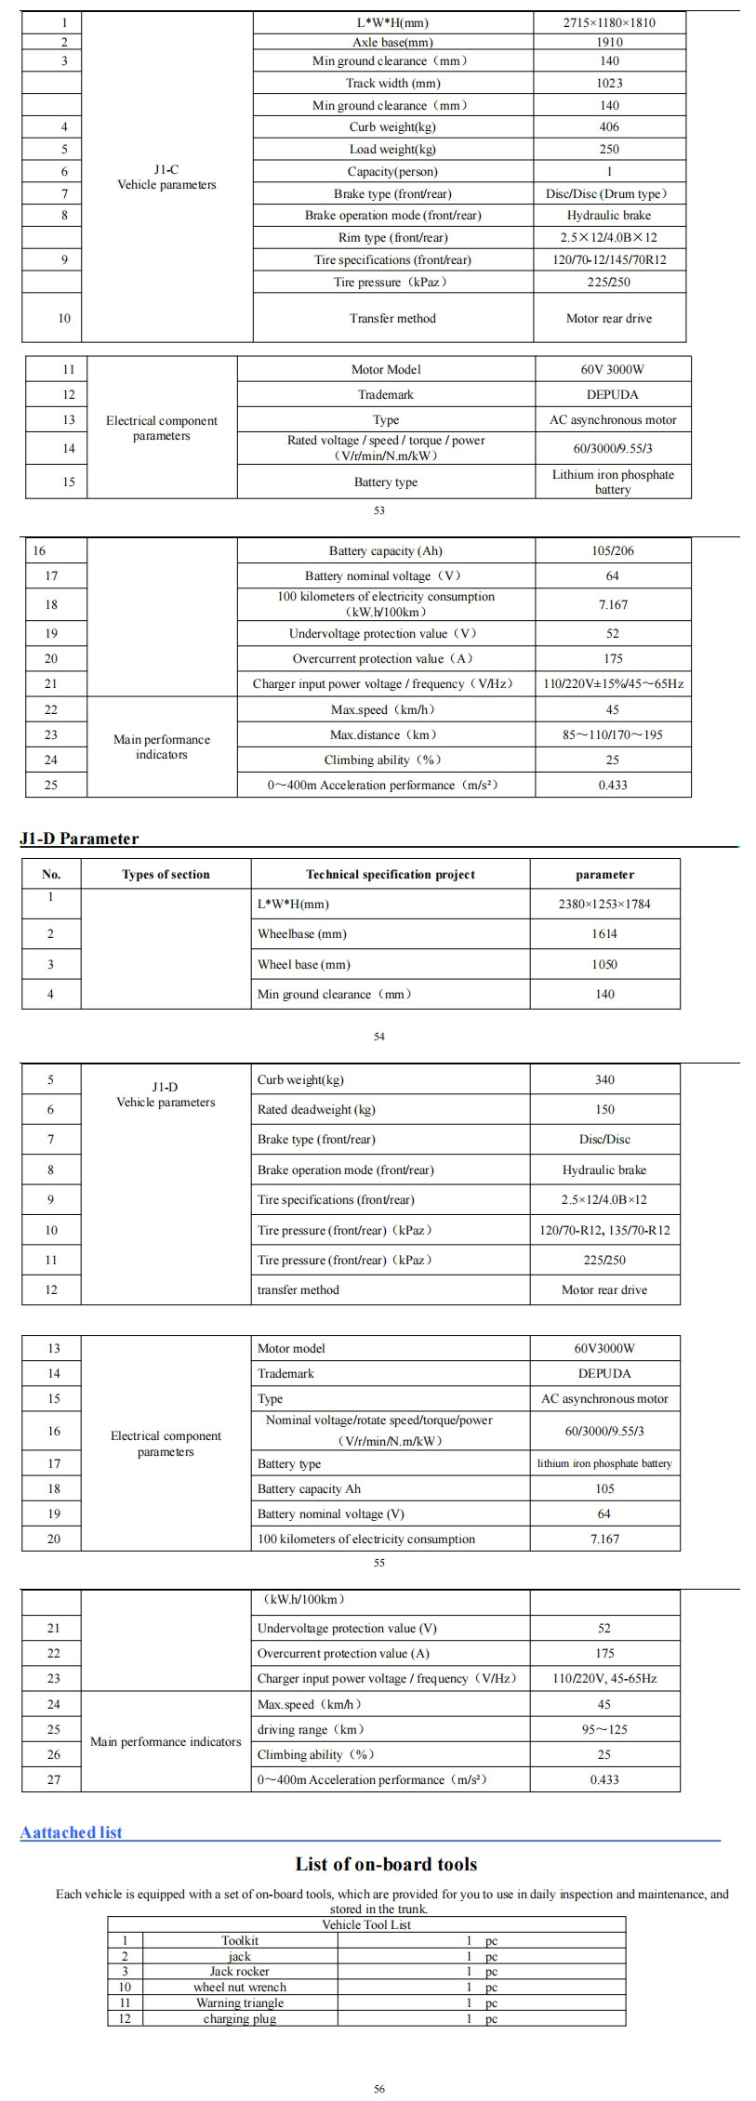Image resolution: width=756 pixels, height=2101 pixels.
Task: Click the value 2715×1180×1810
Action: click(610, 22)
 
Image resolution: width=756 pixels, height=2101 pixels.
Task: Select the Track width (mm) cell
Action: click(392, 84)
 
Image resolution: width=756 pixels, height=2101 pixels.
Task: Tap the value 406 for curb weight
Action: click(610, 127)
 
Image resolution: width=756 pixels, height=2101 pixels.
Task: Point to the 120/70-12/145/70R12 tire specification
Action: click(610, 260)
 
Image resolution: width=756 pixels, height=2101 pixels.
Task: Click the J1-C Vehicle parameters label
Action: click(166, 178)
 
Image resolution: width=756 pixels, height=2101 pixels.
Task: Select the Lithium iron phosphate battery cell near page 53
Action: click(613, 482)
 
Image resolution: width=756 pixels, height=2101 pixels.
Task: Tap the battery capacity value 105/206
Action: click(612, 550)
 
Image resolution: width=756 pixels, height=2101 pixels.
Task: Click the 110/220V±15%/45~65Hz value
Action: click(613, 683)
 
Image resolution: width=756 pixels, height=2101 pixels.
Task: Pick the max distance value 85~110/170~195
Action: click(612, 734)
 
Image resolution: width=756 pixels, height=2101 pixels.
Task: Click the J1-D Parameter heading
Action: click(79, 839)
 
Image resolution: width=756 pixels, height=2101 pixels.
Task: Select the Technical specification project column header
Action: click(391, 875)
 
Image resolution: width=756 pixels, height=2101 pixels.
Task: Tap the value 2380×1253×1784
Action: click(604, 905)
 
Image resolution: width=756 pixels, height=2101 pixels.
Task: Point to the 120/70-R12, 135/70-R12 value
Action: click(604, 1231)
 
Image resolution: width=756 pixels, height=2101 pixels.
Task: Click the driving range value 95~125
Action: click(604, 1730)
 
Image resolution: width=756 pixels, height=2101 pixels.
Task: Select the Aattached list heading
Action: click(72, 1833)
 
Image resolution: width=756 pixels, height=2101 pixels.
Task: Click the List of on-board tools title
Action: click(386, 1864)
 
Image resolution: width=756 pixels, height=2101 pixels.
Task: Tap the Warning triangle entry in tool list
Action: click(240, 2002)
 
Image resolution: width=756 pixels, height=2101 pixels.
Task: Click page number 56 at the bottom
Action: click(379, 2089)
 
